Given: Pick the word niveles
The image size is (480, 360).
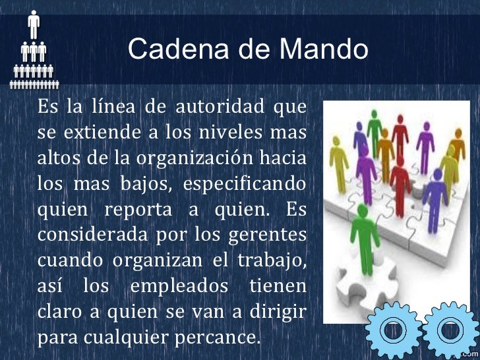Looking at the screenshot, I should tap(230, 133).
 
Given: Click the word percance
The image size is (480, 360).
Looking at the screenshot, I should tap(223, 338).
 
